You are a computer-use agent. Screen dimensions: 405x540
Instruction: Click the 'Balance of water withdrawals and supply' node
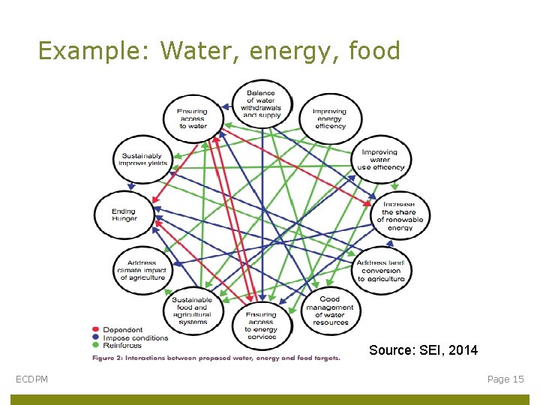[x=260, y=104]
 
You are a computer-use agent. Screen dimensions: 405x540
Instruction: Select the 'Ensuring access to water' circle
[x=193, y=118]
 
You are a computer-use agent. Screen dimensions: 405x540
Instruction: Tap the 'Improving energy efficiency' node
[x=330, y=118]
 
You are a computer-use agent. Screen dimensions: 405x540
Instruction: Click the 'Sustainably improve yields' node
[x=142, y=160]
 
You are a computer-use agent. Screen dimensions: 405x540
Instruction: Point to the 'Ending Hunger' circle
[x=124, y=215]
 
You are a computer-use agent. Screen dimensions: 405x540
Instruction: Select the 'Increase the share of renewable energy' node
[x=400, y=216]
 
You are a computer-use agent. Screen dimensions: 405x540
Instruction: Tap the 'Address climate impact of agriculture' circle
[x=142, y=271]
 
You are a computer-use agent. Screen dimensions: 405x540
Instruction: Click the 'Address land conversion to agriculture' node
[x=381, y=271]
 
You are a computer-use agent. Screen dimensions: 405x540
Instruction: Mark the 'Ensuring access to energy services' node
[x=260, y=325]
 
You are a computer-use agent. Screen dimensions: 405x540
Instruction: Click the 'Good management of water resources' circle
[x=330, y=311]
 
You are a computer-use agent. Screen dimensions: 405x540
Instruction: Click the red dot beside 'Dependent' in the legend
[x=95, y=330]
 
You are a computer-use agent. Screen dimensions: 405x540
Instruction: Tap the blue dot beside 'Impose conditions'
[x=95, y=337]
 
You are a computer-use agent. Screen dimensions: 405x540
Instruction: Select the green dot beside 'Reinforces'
[x=95, y=345]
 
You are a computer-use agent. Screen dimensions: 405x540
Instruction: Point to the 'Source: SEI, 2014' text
[x=423, y=350]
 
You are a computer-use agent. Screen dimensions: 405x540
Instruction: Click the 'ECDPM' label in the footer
[x=32, y=379]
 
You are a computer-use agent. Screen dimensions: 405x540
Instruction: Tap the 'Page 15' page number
[x=505, y=379]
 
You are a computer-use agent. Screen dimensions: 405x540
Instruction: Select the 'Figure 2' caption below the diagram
[x=216, y=358]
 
